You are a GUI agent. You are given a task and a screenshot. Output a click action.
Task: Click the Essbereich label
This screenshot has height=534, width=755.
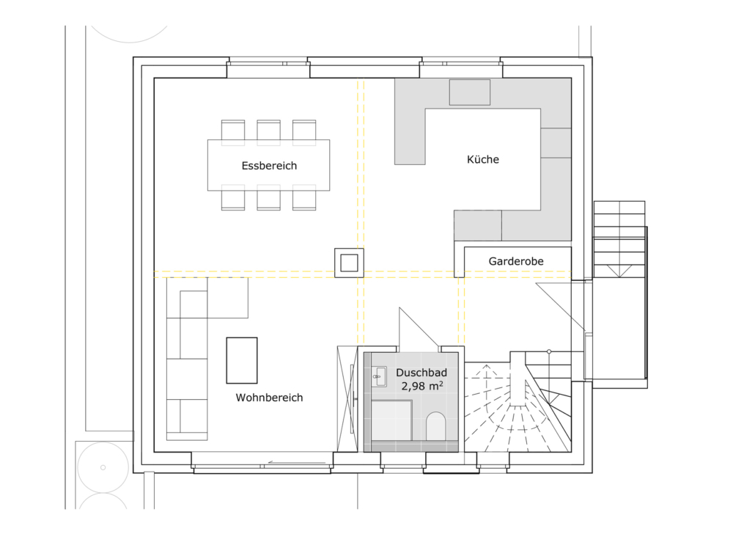[269, 166]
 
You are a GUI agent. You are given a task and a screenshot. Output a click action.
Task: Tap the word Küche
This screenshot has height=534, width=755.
[483, 159]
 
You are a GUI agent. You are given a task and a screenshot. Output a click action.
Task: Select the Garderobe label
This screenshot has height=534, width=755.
[516, 261]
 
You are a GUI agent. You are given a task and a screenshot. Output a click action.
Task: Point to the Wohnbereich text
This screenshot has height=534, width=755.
[269, 398]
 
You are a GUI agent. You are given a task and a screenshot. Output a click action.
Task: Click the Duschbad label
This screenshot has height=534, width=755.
[421, 373]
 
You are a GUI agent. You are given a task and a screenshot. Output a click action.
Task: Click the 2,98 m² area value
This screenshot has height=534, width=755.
[422, 386]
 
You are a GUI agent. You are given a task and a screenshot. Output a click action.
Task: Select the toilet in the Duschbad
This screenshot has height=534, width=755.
[435, 425]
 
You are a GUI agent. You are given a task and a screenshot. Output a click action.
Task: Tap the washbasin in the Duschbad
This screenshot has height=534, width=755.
[380, 377]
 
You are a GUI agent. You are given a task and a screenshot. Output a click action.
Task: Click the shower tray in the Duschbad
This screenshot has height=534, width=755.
[391, 420]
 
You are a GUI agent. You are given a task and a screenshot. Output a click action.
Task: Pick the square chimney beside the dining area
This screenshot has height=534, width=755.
[349, 263]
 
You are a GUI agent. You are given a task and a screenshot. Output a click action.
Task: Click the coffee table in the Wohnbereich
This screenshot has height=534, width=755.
[242, 360]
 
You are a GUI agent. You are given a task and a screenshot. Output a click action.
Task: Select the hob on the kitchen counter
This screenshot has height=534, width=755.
[469, 92]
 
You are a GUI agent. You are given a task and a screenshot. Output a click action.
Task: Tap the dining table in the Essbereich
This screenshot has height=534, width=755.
[269, 165]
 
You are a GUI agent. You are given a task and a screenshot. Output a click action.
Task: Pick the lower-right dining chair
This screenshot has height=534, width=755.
[304, 198]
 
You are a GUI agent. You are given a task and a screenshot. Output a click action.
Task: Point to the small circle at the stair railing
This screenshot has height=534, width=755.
[549, 352]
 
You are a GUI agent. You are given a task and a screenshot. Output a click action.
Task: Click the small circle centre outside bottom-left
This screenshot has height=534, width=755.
[103, 467]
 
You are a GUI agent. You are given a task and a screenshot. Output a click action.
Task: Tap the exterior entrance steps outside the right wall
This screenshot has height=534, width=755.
[619, 239]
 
